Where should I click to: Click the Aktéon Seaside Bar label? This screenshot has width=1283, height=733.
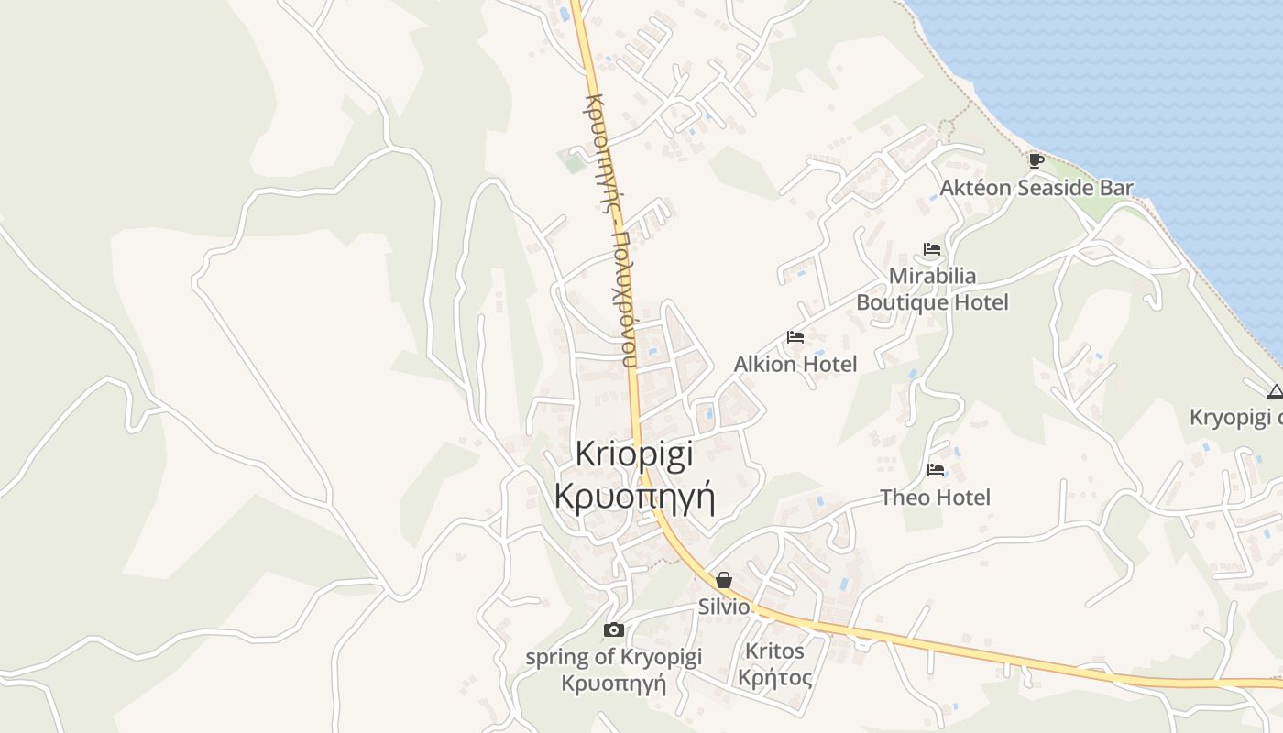(x=1036, y=189)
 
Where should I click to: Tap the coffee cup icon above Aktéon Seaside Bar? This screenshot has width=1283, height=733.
(x=1036, y=161)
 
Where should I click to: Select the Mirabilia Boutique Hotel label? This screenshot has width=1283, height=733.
(x=932, y=289)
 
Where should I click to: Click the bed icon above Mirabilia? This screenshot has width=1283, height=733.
(x=932, y=249)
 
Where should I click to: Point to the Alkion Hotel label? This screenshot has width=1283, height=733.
(x=795, y=365)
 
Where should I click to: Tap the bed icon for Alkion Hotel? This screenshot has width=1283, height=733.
(x=795, y=337)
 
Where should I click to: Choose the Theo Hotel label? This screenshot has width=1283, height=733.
(x=935, y=498)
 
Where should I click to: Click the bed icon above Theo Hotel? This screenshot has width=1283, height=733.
(x=936, y=470)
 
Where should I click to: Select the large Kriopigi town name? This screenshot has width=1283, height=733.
(x=634, y=454)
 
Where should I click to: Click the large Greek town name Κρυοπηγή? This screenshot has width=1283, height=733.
(x=634, y=495)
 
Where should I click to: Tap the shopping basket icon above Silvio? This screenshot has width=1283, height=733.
(x=724, y=580)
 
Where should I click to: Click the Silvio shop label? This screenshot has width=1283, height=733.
(x=724, y=607)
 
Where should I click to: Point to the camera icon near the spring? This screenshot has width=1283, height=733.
(x=614, y=629)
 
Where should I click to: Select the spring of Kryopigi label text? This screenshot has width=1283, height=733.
(x=613, y=657)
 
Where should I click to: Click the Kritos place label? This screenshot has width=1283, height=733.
(x=775, y=651)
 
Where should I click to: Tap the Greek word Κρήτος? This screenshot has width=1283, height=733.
(x=775, y=679)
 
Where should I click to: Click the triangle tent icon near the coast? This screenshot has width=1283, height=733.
(x=1274, y=392)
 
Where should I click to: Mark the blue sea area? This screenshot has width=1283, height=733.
(x=1146, y=92)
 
